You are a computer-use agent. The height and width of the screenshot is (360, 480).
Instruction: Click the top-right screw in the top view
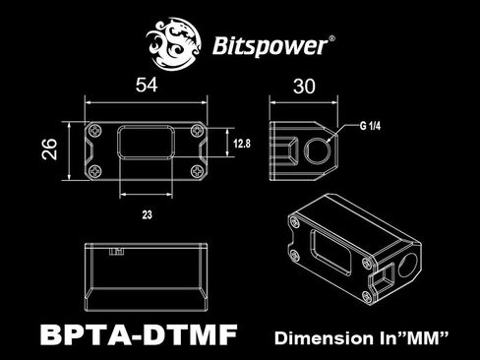click(x=200, y=128)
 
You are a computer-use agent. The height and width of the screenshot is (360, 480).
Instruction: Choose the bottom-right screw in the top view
click(x=200, y=172)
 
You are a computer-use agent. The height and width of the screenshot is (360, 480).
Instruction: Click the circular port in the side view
click(x=319, y=150)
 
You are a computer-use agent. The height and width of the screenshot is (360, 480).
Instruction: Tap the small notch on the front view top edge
click(x=119, y=252)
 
